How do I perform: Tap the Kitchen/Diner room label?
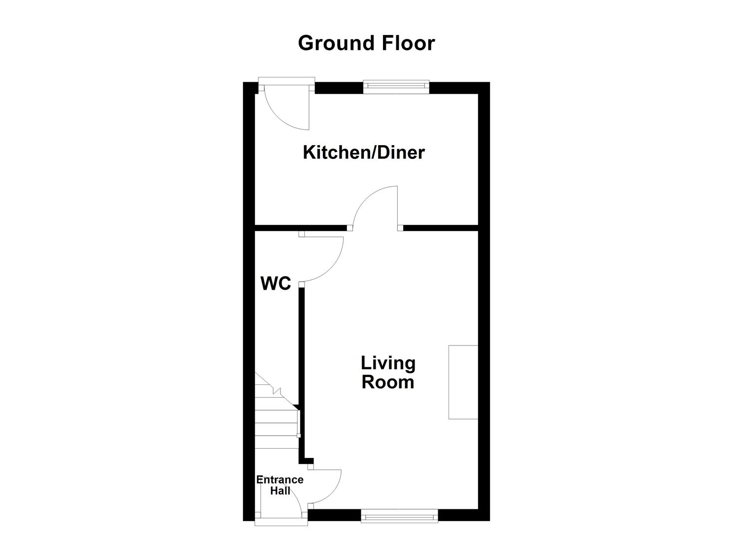pyautogui.click(x=363, y=152)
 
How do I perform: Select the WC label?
pyautogui.click(x=276, y=284)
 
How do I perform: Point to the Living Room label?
pyautogui.click(x=388, y=373)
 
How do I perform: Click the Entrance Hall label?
pyautogui.click(x=279, y=485)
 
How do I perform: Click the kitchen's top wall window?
pyautogui.click(x=396, y=87)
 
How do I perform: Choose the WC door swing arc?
pyautogui.click(x=323, y=259)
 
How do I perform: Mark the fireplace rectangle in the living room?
pyautogui.click(x=463, y=382)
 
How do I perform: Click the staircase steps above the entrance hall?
pyautogui.click(x=276, y=424)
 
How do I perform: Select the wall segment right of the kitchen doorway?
pyautogui.click(x=441, y=228)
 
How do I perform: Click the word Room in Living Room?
pyautogui.click(x=388, y=382)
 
